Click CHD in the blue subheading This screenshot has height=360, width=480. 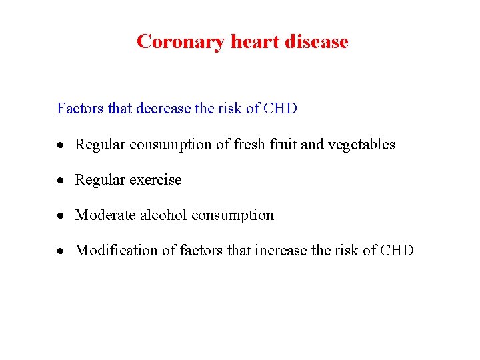point(280,108)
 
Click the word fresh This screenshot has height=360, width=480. point(250,145)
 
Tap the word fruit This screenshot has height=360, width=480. point(283,145)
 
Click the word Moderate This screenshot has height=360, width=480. point(105,215)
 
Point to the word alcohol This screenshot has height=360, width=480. point(162,215)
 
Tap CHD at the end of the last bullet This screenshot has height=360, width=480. point(397,251)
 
